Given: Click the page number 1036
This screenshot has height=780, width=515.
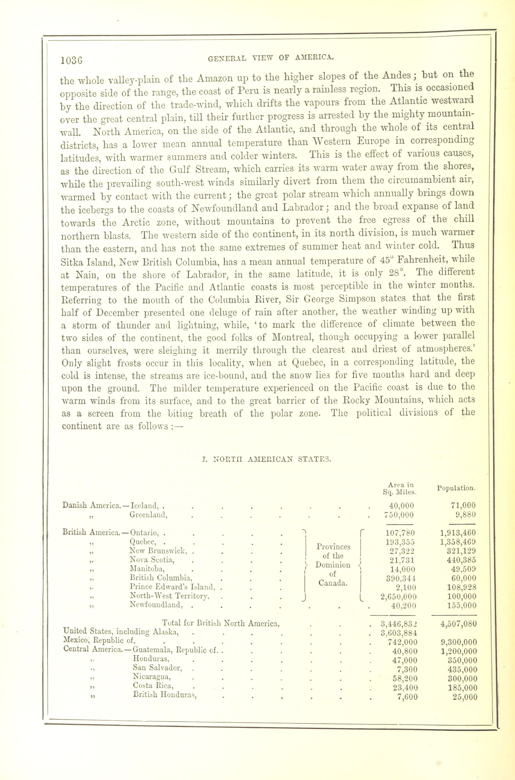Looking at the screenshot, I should [x=72, y=60].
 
